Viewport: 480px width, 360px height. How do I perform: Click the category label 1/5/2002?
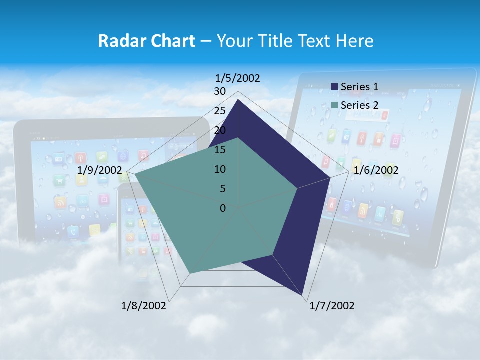point(238,78)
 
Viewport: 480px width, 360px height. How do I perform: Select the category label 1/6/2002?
point(376,170)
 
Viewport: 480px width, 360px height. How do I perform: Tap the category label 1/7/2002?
point(332,306)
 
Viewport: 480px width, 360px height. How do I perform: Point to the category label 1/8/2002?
point(144,306)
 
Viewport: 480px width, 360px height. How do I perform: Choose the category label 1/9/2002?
point(100,170)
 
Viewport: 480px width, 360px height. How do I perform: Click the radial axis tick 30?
point(220,91)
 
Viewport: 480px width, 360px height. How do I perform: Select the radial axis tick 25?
point(220,111)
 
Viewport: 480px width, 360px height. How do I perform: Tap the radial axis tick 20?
point(220,130)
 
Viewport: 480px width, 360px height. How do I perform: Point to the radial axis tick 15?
point(220,150)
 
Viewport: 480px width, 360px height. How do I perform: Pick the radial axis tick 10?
point(220,169)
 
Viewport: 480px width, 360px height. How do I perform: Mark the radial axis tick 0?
point(223,208)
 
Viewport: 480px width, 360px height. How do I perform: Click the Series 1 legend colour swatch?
point(334,87)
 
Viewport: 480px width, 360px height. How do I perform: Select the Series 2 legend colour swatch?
point(334,105)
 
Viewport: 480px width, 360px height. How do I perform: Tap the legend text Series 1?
point(359,87)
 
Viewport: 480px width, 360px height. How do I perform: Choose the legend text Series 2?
point(359,105)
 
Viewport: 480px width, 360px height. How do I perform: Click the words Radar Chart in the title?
point(146,41)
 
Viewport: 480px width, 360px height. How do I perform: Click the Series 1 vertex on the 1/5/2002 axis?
point(238,100)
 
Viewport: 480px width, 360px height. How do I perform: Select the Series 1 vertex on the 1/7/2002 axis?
point(303,295)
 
